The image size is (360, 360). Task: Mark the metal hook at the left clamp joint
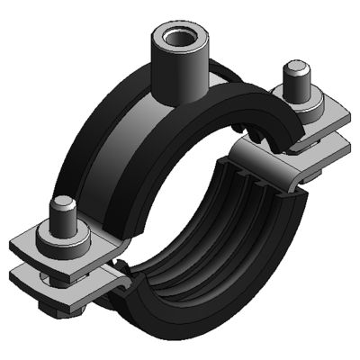click(112, 270)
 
